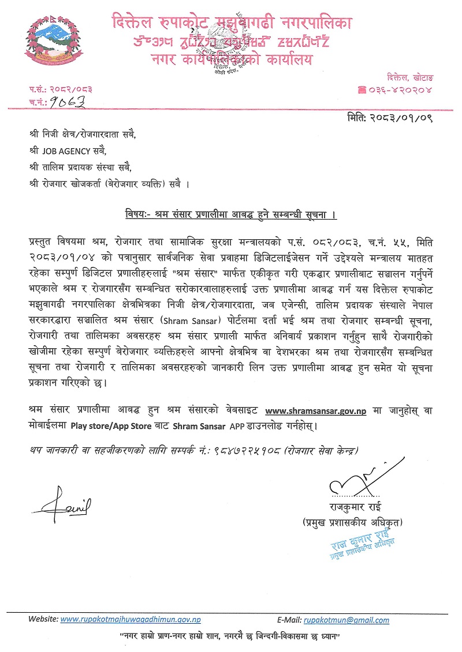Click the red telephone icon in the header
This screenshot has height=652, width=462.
click(363, 89)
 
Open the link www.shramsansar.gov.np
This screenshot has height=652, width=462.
click(315, 411)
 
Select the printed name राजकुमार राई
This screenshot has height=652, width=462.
click(353, 508)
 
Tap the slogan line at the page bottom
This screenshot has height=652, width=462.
click(228, 636)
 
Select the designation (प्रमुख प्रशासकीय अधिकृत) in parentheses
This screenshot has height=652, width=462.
click(353, 523)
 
